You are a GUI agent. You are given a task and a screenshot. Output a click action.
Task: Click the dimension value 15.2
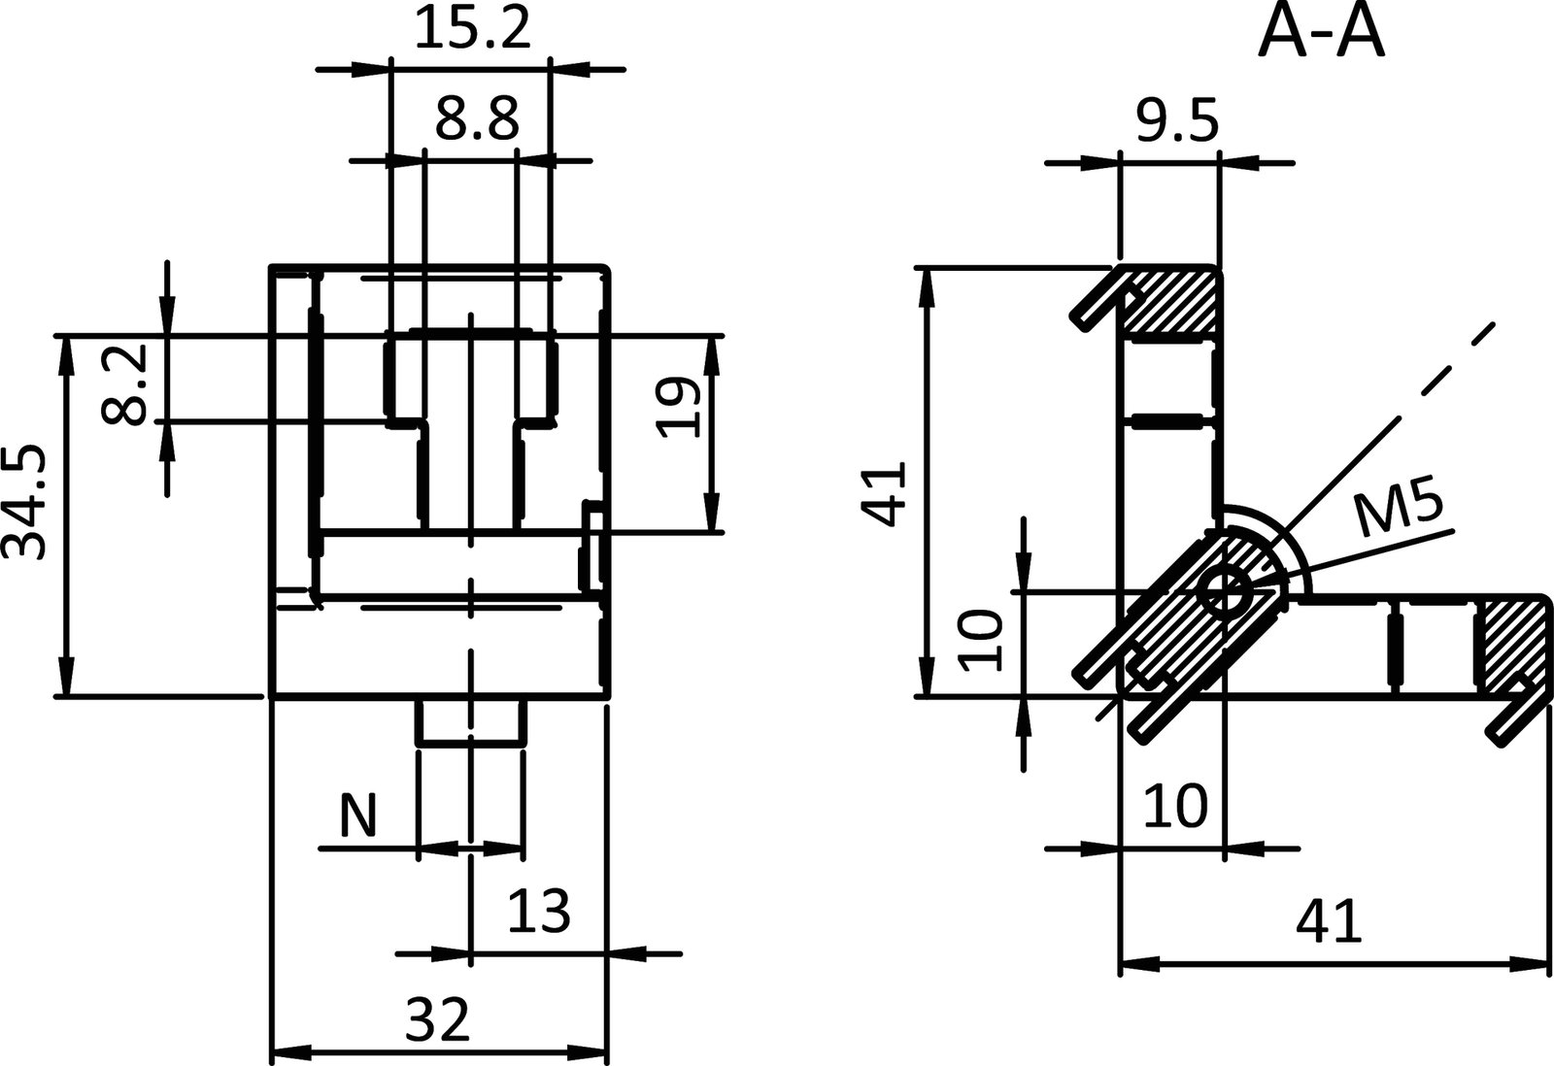(x=472, y=29)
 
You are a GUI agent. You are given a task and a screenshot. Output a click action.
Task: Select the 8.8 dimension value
(x=477, y=119)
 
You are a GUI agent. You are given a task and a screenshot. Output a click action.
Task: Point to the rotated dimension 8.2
(x=124, y=384)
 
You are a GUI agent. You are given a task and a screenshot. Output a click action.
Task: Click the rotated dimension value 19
(x=677, y=408)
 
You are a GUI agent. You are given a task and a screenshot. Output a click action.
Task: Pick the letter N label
(x=357, y=816)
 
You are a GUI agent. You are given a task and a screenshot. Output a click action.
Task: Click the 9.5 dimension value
(x=1175, y=122)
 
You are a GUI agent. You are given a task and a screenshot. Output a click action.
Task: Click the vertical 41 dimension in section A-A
(x=887, y=493)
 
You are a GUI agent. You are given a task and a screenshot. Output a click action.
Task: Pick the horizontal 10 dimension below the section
(x=1174, y=805)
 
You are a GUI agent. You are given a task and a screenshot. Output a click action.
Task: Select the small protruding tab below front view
(x=471, y=721)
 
